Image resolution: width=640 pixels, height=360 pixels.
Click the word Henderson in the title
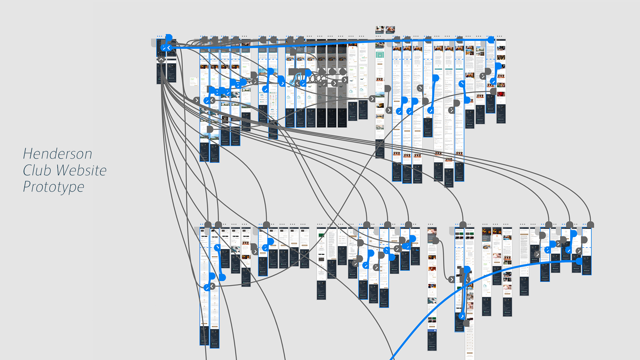point(57,154)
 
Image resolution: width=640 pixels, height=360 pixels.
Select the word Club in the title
point(37,170)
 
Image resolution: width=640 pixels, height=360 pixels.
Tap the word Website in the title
point(81,170)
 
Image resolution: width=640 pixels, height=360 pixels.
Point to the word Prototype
point(53,187)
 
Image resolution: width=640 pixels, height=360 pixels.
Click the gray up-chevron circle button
point(161,60)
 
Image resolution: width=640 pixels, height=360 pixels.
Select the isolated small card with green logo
point(193,81)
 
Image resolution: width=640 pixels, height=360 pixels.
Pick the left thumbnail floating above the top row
point(380,29)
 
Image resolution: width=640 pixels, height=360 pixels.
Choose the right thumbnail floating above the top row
point(390,29)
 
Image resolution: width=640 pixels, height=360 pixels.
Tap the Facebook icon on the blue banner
point(435,330)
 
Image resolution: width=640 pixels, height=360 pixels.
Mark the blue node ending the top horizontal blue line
point(491,40)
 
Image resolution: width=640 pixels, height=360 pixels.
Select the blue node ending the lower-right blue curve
point(579,261)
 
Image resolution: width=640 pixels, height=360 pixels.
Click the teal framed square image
point(380,55)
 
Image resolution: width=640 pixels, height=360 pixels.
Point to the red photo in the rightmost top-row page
point(501,94)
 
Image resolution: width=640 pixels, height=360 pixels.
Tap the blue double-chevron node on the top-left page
point(166,48)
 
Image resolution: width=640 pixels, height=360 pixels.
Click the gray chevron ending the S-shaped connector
point(451,279)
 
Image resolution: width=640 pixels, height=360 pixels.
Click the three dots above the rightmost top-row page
point(499,36)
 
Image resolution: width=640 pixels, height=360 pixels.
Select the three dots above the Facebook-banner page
point(431,224)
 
